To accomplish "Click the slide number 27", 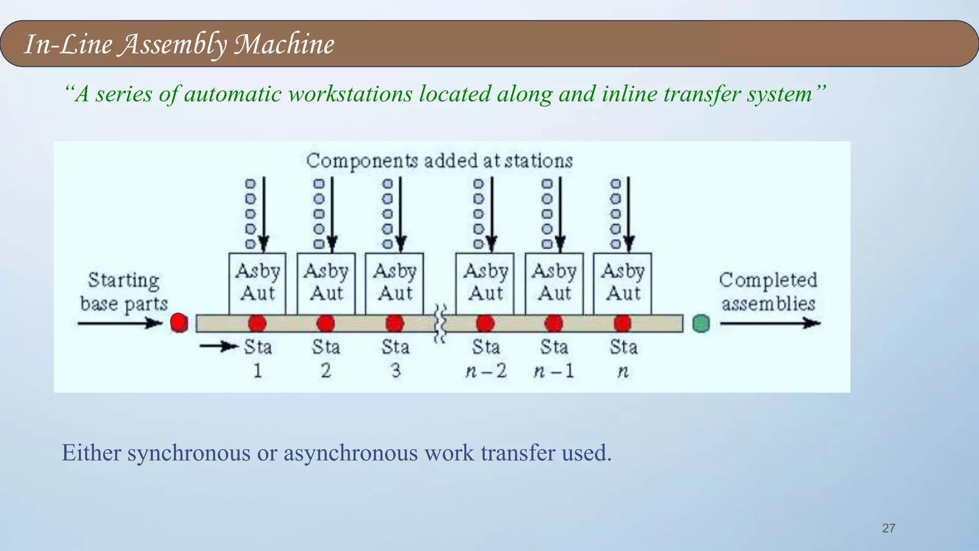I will [888, 528].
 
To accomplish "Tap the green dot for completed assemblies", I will [701, 324].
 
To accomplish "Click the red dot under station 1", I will [257, 324].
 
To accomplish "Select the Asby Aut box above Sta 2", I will [326, 283].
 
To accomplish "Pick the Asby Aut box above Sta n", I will [622, 283].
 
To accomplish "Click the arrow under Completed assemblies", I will [770, 324].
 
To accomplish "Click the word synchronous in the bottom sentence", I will [188, 453].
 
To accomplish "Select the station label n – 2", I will [486, 371].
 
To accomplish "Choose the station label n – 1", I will [554, 371].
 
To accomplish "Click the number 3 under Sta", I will [395, 371].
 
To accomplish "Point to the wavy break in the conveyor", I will [440, 324].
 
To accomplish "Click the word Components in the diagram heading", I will [362, 161].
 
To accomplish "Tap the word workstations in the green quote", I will [350, 94].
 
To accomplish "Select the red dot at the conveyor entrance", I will [178, 323].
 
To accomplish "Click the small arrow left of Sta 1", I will [218, 346].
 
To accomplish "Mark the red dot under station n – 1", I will [554, 324].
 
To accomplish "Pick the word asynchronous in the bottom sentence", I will [350, 453].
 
